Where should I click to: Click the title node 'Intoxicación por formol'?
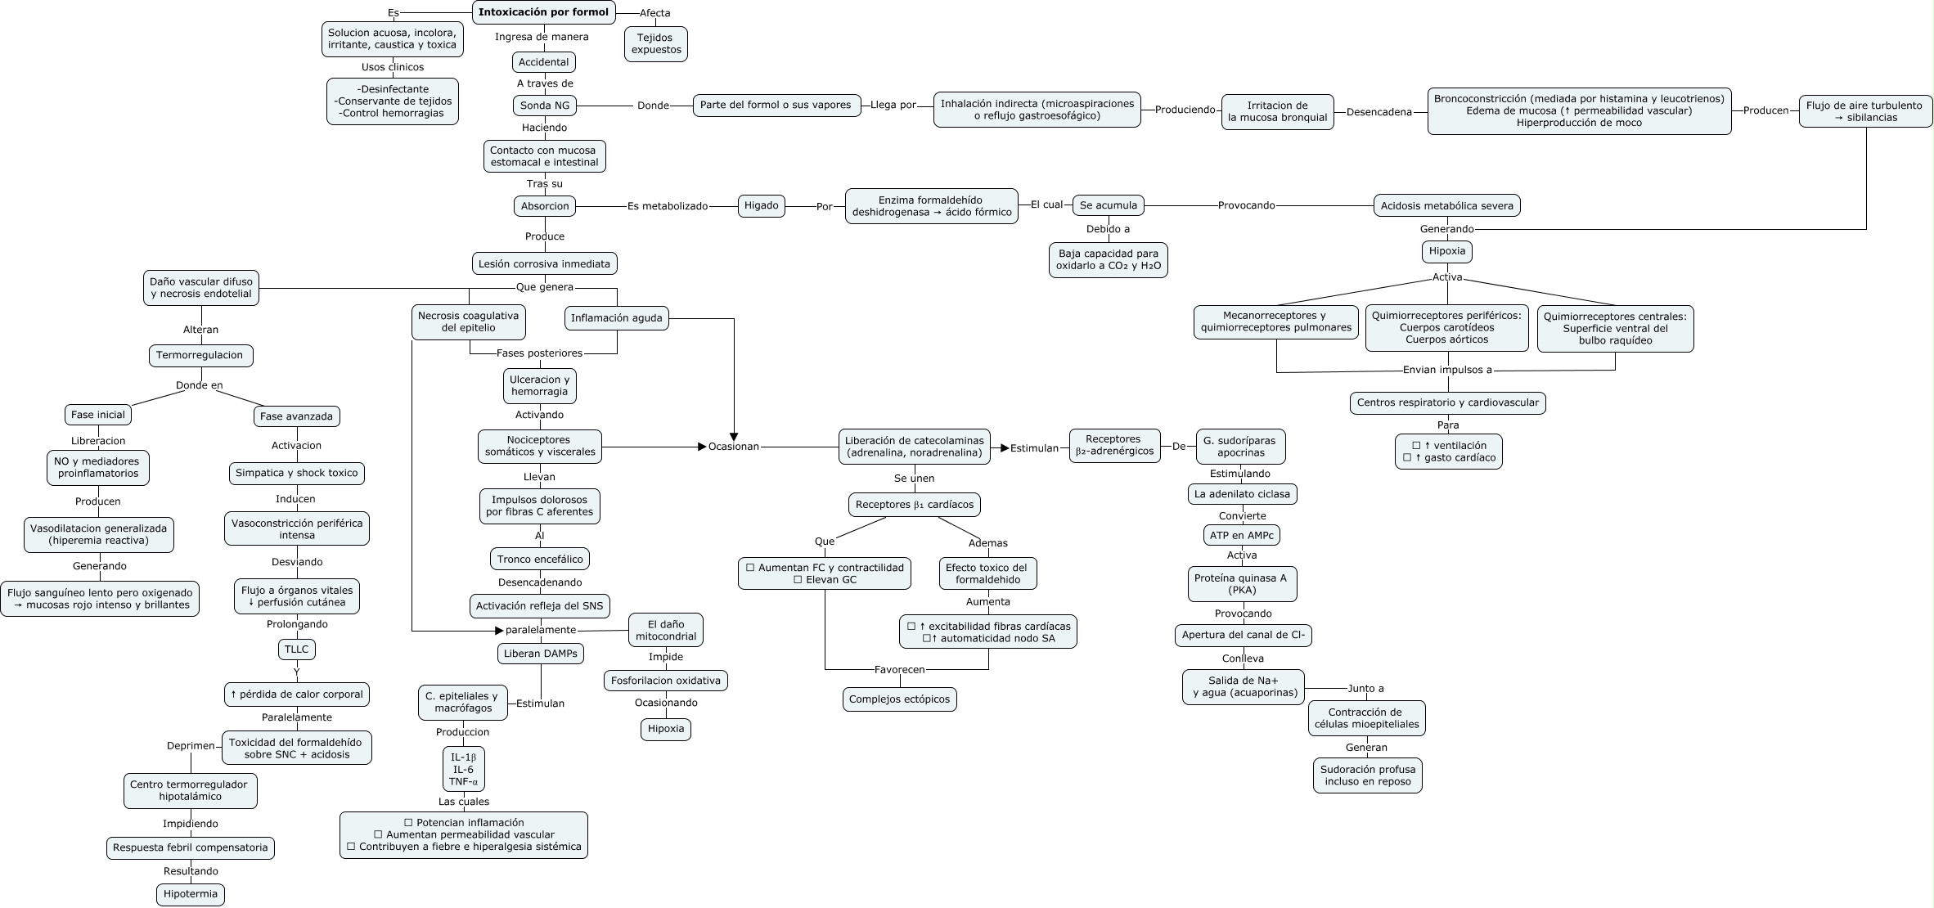coord(544,12)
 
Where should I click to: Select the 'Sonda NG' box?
coord(545,106)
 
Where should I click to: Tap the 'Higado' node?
coord(762,205)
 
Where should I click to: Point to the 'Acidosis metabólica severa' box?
coord(1447,206)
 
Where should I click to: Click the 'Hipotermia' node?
coord(191,894)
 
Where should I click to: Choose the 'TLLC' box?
coord(297,650)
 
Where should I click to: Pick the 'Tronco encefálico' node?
coord(540,560)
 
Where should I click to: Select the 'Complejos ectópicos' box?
coord(900,699)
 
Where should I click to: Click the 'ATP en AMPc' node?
coord(1242,535)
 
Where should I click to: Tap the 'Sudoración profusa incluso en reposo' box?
coord(1368,775)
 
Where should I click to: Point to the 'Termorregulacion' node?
coord(200,356)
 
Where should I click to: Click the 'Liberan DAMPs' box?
coord(541,654)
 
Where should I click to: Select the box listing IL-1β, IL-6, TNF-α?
coord(464,769)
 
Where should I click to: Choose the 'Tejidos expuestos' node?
coord(656,44)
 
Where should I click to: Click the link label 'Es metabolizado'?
coord(668,206)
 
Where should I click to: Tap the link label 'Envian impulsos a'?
coord(1447,370)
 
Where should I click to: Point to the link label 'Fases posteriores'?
coord(540,353)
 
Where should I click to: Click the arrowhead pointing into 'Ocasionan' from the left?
coord(702,447)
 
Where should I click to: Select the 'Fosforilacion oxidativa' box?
coord(666,681)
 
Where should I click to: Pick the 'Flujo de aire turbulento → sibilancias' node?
coord(1865,111)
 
